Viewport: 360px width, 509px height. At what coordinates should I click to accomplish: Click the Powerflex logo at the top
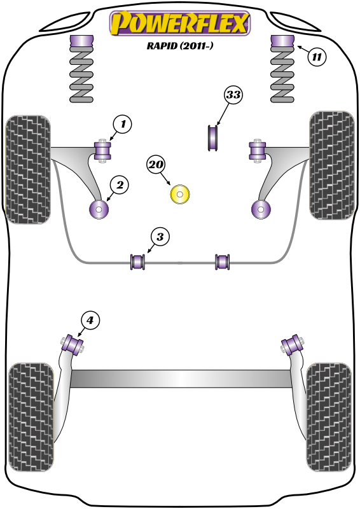[180, 24]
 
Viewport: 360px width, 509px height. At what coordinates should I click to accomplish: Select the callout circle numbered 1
[122, 124]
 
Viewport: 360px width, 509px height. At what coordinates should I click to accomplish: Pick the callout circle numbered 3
[159, 237]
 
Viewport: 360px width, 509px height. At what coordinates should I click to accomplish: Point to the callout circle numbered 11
[317, 57]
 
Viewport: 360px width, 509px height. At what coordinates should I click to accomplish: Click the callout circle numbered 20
[156, 165]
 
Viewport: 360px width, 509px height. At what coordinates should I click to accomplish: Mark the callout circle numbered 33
[233, 95]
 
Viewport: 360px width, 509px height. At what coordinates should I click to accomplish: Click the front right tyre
[331, 165]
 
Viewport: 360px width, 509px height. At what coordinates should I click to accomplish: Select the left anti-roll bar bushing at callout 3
[138, 261]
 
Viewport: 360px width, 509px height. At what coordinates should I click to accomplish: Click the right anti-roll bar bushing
[222, 261]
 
